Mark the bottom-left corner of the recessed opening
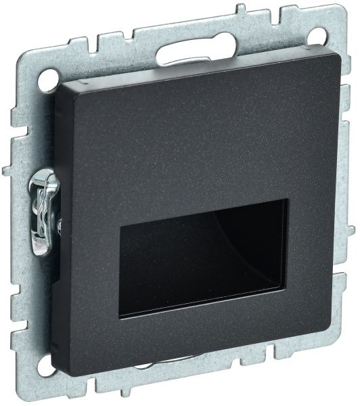[x=121, y=317]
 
